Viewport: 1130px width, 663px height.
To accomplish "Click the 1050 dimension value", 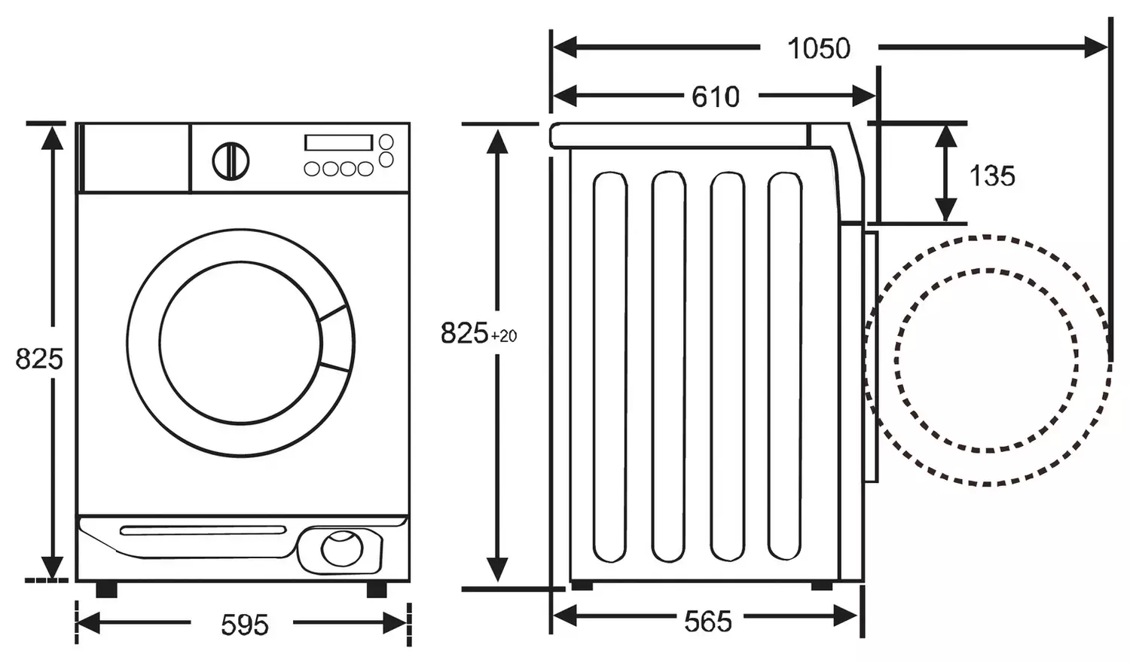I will pos(819,48).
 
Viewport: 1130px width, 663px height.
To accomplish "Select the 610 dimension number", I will pos(715,96).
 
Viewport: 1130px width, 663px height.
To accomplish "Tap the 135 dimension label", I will pos(991,176).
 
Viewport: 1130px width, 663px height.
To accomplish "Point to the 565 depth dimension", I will pos(707,621).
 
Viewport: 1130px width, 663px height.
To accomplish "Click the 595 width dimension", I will pos(245,624).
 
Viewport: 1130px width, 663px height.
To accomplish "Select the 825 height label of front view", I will pos(38,359).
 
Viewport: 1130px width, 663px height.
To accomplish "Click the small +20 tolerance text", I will pos(504,336).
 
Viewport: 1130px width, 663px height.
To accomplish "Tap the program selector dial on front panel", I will pos(231,160).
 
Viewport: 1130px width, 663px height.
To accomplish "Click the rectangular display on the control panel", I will pos(338,142).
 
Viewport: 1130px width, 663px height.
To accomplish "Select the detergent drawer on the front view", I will pos(134,157).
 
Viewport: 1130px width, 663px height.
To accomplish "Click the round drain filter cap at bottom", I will pos(342,548).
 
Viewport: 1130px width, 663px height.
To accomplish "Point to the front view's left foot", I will pos(106,588).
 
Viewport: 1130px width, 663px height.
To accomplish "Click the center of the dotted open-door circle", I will pos(986,359).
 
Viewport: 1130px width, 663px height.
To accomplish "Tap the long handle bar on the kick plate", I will pos(203,530).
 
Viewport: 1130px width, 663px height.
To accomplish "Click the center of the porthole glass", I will pos(240,343).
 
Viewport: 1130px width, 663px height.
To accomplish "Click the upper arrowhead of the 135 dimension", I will pos(946,136).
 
